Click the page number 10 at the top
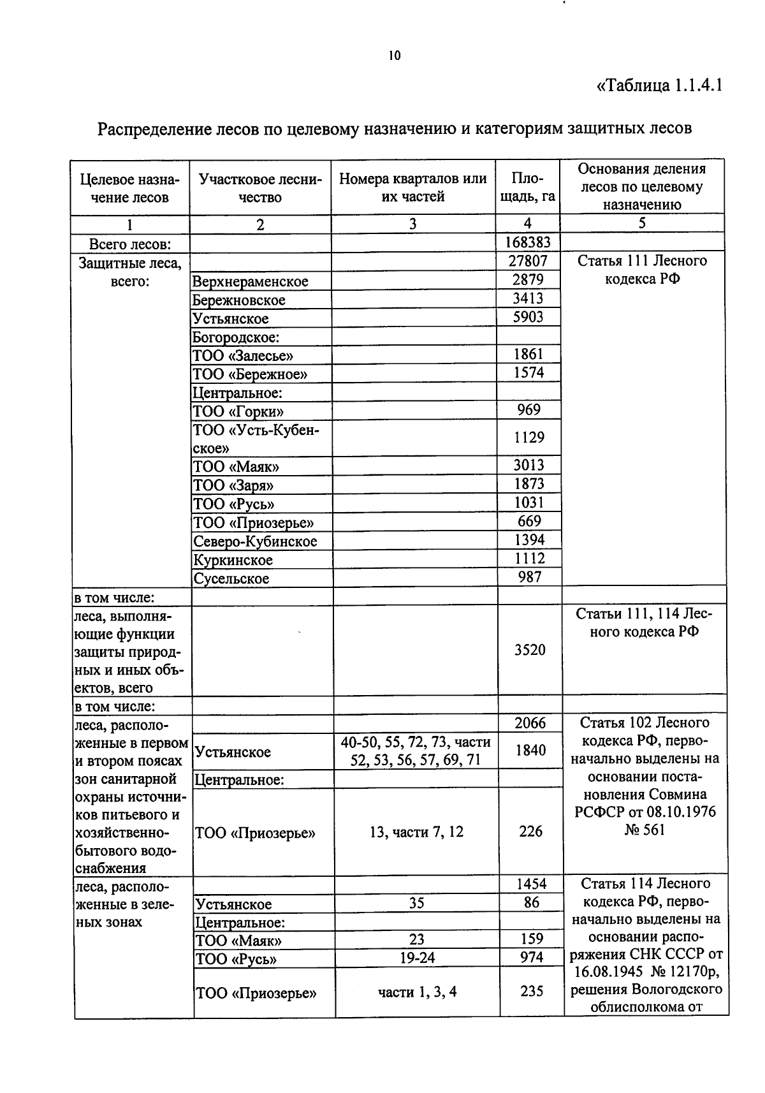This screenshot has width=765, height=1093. [x=394, y=55]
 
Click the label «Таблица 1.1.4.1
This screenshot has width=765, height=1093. [x=659, y=85]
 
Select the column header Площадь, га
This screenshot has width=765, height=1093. [x=527, y=187]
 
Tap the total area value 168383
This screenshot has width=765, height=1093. [x=528, y=242]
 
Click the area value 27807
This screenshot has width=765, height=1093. [x=528, y=261]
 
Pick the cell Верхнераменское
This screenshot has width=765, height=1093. [x=251, y=281]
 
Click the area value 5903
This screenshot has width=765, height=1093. [x=528, y=317]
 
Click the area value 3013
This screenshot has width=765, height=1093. [x=528, y=465]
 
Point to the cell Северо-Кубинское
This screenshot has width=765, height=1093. [x=255, y=541]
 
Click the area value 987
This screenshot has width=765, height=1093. [x=528, y=577]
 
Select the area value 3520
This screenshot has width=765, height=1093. [x=530, y=650]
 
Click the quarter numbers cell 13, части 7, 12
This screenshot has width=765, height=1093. [x=416, y=832]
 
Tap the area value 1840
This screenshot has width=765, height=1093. [x=530, y=750]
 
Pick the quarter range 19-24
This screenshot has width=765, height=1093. [x=417, y=958]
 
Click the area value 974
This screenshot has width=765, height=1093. [x=531, y=957]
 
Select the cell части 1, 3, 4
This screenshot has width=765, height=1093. [x=417, y=992]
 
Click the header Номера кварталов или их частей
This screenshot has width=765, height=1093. [x=412, y=187]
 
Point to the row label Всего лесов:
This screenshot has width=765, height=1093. [x=129, y=243]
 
